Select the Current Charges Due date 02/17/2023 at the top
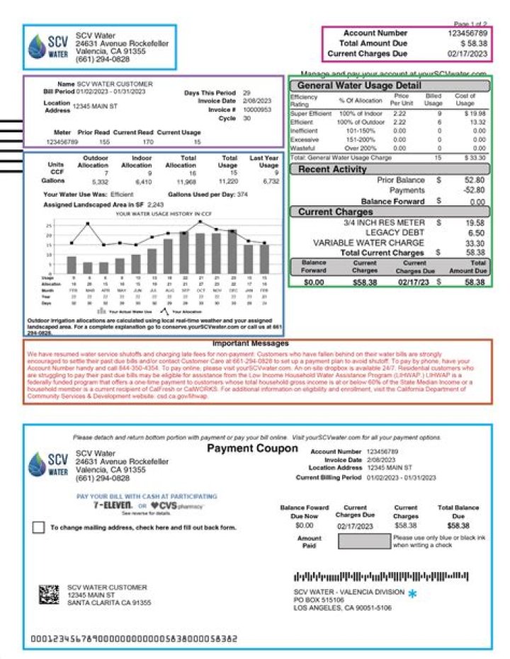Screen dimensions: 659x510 (467, 53)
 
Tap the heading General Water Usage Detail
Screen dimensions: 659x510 (389, 86)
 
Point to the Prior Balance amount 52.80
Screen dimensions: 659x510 (474, 180)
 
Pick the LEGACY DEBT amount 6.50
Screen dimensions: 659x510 (476, 233)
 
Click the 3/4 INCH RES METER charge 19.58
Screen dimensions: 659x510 (474, 222)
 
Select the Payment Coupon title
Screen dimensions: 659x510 (252, 449)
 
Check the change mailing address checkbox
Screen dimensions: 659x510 (38, 527)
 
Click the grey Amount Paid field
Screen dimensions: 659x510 (363, 541)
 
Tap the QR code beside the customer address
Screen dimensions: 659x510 (48, 595)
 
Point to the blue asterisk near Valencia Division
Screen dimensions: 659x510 (412, 595)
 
